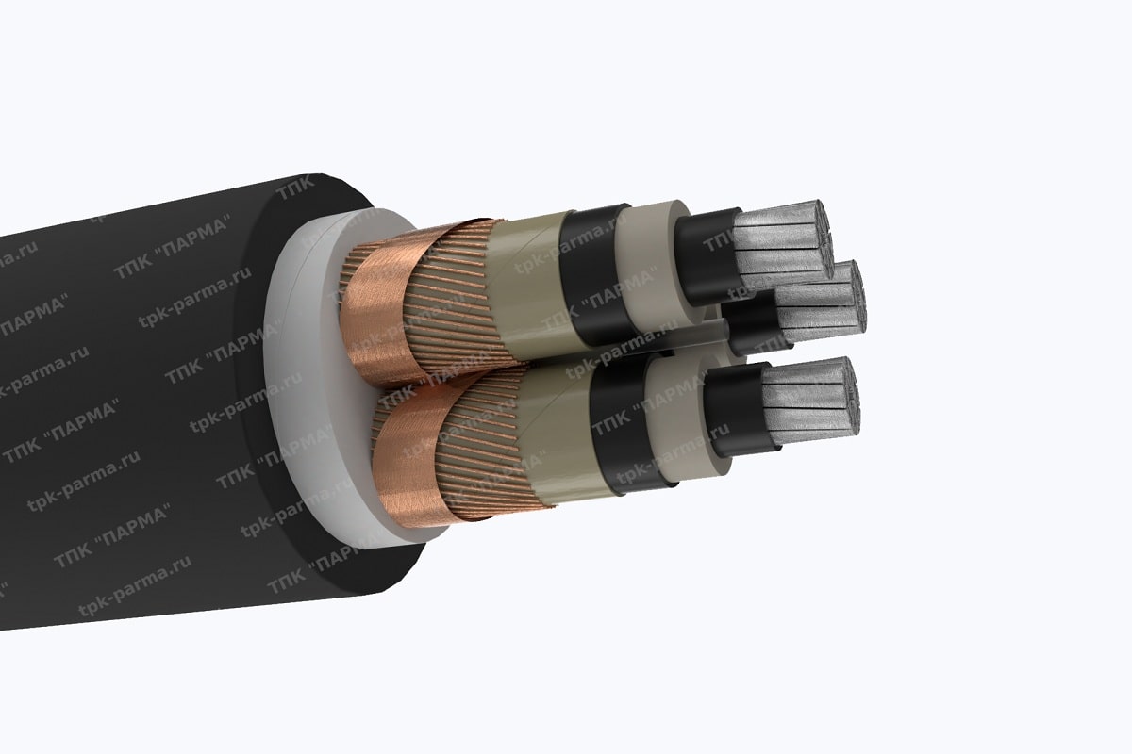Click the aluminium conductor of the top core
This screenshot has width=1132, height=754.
[783, 240]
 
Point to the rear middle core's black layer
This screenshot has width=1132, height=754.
[755, 325]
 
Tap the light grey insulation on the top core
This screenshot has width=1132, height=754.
[656, 259]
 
